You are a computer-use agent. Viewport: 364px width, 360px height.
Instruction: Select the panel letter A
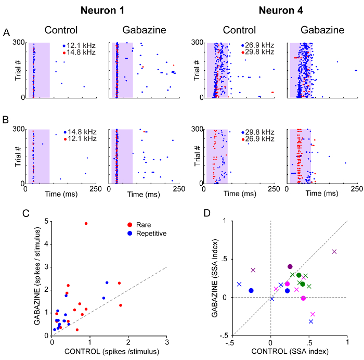(x=6, y=32)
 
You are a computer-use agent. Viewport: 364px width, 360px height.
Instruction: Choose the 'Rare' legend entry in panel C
(x=144, y=225)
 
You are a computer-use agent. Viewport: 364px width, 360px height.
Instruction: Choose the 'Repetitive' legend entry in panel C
(x=151, y=234)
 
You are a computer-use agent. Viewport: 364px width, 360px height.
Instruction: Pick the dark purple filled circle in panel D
(x=290, y=266)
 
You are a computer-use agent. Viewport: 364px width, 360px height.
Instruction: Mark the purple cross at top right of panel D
(x=334, y=251)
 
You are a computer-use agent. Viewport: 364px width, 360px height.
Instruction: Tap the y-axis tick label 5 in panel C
(x=46, y=222)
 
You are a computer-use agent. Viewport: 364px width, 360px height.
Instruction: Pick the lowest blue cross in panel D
(x=311, y=322)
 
